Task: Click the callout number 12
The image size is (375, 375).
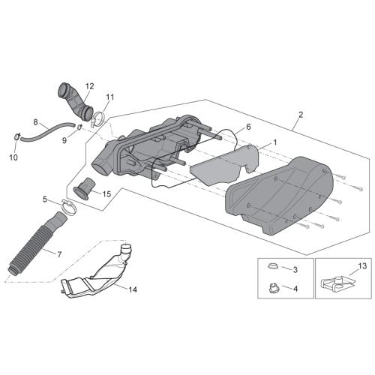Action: click(89, 86)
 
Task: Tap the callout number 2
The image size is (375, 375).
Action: click(301, 115)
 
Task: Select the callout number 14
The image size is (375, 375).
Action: click(133, 289)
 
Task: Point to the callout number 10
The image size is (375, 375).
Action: click(13, 157)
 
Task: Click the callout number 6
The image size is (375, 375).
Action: click(248, 127)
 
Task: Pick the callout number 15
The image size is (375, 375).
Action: click(106, 194)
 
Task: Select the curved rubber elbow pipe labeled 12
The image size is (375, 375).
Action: click(75, 102)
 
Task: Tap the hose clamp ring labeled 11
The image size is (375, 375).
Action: click(98, 118)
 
